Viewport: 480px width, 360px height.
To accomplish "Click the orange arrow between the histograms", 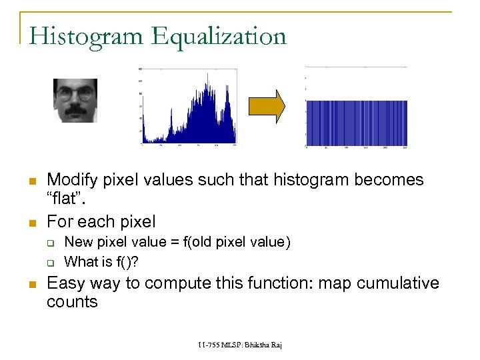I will (267, 105).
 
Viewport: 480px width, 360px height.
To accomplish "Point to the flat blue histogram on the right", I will (356, 123).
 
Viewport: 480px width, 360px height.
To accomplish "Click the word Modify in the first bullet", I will (71, 180).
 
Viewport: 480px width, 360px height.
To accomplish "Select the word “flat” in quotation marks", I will (66, 199).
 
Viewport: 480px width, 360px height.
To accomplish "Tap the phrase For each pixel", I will (101, 221).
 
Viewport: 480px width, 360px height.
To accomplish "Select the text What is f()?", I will (105, 261).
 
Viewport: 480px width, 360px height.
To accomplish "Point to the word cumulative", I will (397, 283).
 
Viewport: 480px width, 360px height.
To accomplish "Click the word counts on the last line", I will (72, 302).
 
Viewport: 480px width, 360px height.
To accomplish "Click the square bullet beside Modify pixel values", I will (31, 181).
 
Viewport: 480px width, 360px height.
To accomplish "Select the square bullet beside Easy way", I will (31, 284).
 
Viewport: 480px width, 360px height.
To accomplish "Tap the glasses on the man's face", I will (75, 94).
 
